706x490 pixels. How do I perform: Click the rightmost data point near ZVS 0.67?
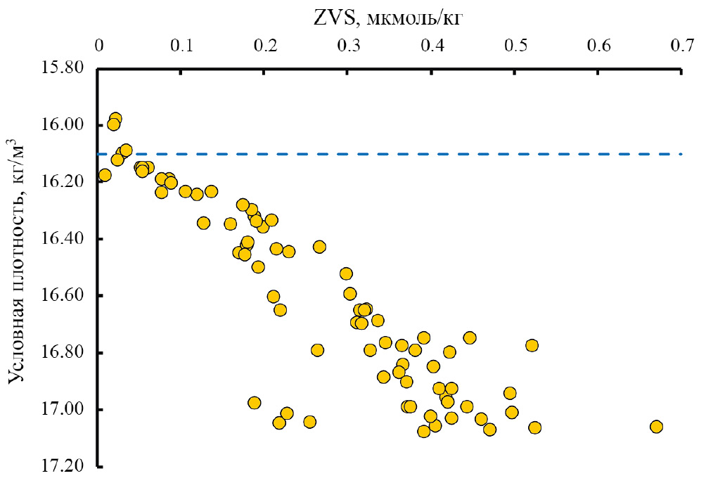656,427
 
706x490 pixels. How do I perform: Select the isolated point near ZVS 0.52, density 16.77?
532,345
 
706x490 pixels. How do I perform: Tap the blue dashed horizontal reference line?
422,154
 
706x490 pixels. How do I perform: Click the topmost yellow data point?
115,119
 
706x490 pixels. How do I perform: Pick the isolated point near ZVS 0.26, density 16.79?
317,350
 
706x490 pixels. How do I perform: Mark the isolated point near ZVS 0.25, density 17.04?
309,422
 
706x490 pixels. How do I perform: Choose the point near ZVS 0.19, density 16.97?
254,403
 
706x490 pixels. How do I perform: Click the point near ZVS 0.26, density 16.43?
319,247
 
